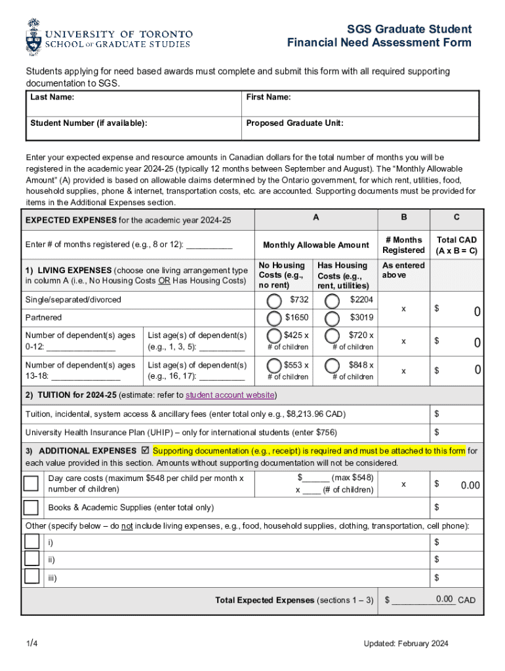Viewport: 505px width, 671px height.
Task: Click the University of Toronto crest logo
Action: pos(33,37)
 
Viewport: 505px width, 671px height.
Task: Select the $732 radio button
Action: pos(274,301)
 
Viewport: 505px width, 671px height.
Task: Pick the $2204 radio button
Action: pos(333,301)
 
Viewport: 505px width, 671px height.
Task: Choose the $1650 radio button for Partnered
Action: pos(274,318)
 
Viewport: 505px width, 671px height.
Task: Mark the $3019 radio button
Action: pos(333,318)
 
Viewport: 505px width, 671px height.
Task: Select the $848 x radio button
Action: pos(333,366)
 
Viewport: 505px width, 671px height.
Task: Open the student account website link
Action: pos(230,395)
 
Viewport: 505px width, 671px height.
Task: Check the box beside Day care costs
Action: pos(31,484)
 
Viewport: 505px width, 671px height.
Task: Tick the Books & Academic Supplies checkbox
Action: pos(31,508)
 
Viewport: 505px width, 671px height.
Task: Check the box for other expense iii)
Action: pos(31,577)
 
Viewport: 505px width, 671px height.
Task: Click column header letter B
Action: pos(403,218)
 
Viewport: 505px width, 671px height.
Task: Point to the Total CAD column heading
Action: pos(456,245)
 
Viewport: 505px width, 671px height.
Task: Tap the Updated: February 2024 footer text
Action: pos(406,644)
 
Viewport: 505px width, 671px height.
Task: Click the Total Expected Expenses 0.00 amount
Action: pos(444,599)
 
